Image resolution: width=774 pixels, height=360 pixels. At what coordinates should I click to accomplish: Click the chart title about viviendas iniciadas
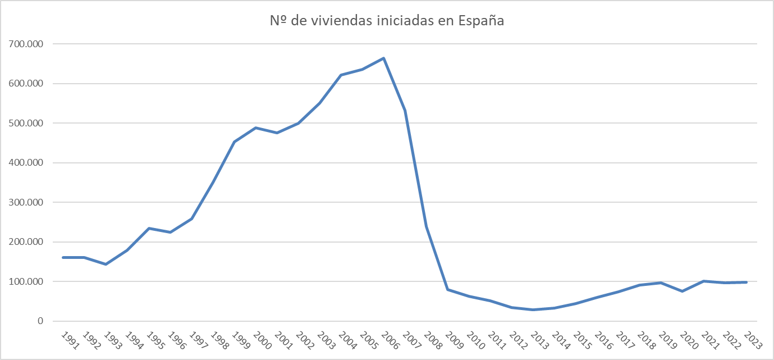(386, 21)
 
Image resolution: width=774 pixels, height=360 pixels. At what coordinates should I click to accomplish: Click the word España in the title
(482, 22)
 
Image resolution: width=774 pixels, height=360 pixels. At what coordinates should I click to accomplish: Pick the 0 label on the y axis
(40, 321)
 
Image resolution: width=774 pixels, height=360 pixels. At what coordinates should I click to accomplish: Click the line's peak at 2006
(384, 58)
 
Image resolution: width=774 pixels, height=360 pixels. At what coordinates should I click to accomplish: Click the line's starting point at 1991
(63, 257)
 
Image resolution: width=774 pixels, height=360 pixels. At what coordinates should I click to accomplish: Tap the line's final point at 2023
(746, 282)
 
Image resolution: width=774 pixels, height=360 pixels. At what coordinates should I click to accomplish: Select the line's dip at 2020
(681, 291)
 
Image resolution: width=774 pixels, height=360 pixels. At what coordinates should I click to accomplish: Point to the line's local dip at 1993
(106, 264)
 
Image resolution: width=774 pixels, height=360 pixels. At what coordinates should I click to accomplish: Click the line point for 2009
(448, 289)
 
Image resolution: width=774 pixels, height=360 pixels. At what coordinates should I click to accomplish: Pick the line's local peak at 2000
(256, 127)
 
